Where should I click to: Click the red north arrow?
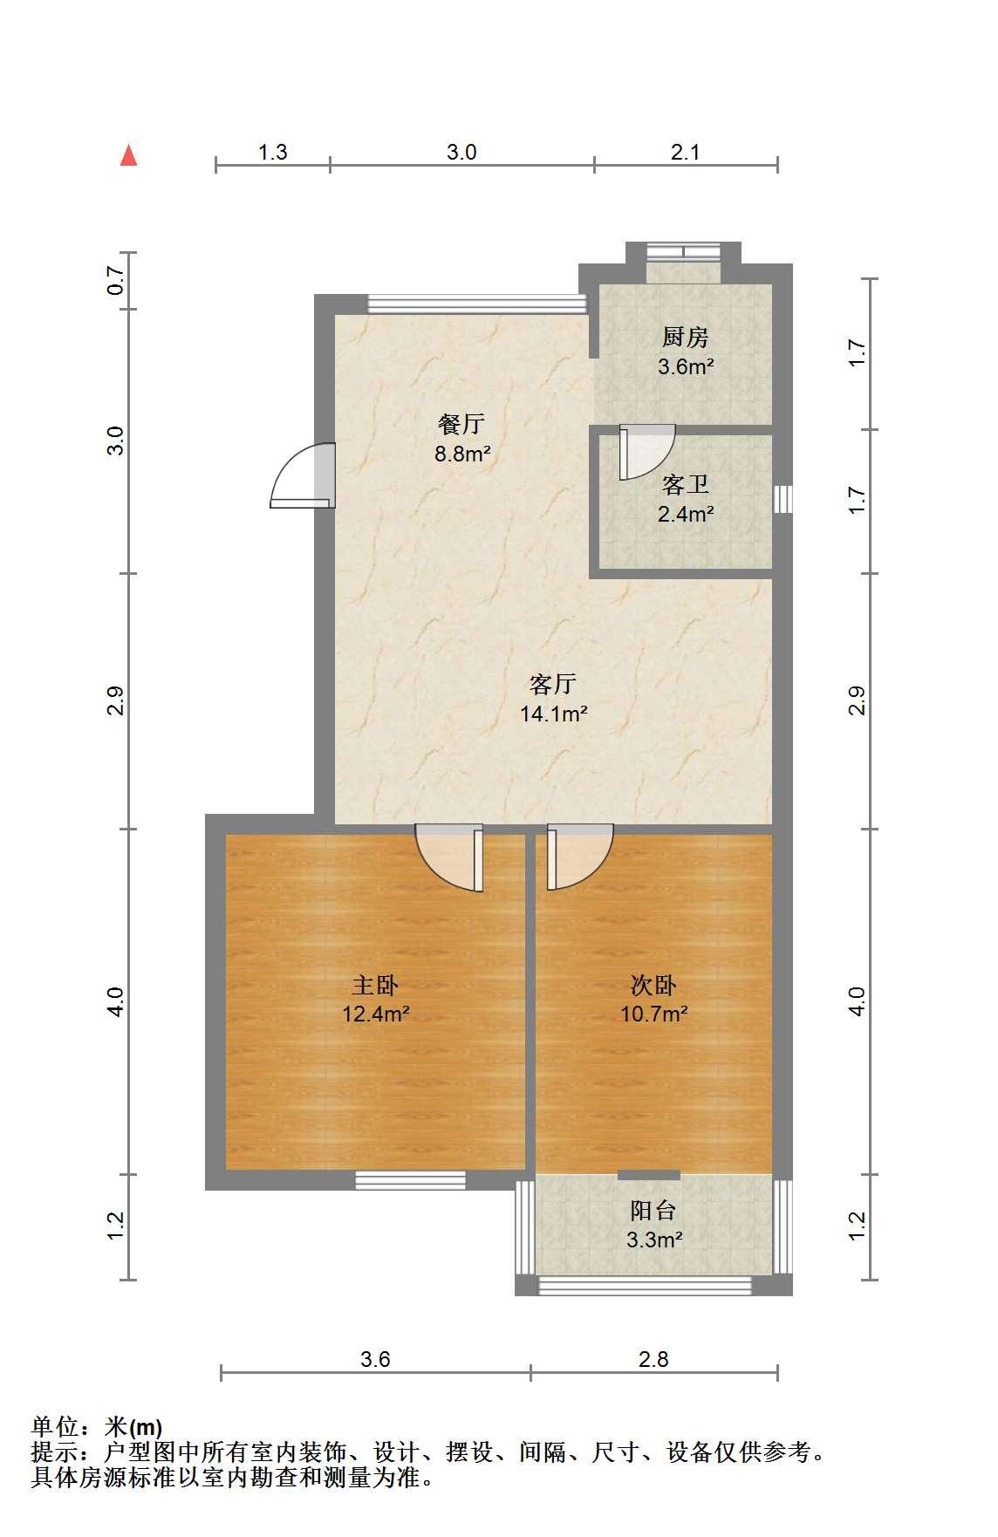(x=129, y=155)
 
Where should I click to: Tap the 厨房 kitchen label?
(x=685, y=338)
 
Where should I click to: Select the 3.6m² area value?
(x=686, y=366)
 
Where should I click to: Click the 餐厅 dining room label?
(x=461, y=425)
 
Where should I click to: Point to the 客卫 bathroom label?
(x=685, y=485)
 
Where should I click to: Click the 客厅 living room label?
(x=553, y=685)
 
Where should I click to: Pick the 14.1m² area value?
(x=553, y=714)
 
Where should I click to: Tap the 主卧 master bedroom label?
(x=375, y=986)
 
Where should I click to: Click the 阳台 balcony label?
(x=653, y=1211)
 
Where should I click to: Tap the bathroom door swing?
(x=646, y=451)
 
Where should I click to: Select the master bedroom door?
(x=449, y=857)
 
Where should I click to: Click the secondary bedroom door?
(x=580, y=857)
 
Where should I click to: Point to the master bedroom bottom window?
(x=410, y=1180)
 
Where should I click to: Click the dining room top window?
(x=477, y=304)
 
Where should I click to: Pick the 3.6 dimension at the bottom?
(x=375, y=1359)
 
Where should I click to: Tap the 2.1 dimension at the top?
(x=686, y=152)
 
